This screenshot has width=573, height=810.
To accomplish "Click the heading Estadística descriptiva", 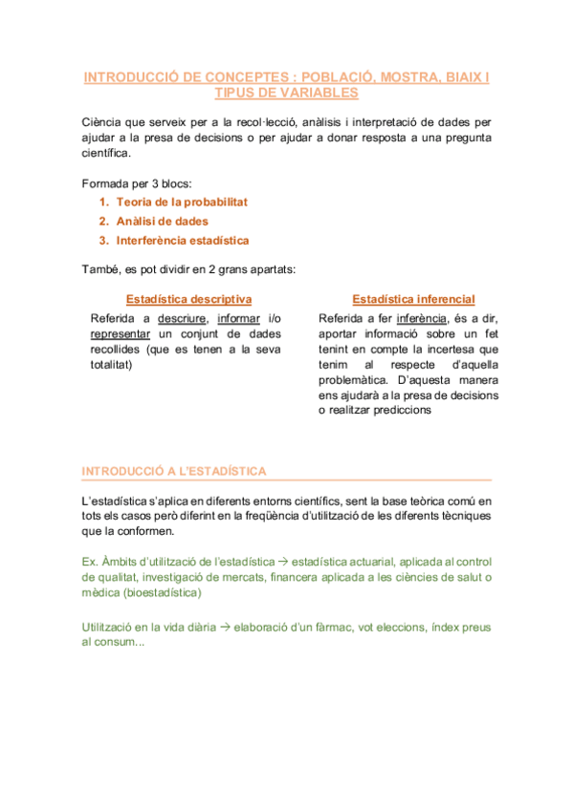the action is coord(188,298).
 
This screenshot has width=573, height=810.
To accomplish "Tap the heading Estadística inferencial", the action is coord(413,298).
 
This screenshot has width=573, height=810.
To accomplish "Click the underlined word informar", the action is coord(239,318).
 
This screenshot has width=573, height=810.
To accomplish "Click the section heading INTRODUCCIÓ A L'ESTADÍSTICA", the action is coord(174,471).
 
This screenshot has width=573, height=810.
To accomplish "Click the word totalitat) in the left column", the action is coord(111,364).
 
